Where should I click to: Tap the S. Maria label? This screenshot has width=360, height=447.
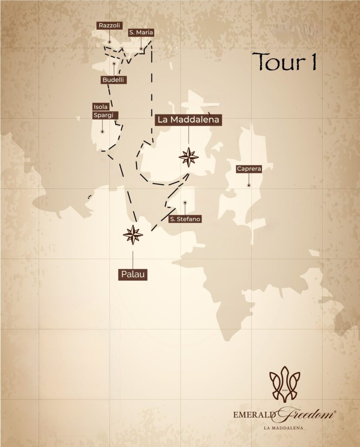pyautogui.click(x=141, y=32)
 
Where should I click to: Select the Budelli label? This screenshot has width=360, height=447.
pyautogui.click(x=113, y=80)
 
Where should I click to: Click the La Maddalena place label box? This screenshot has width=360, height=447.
pyautogui.click(x=189, y=120)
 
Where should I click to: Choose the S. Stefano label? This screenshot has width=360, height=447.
pyautogui.click(x=185, y=219)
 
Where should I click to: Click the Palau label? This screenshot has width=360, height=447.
pyautogui.click(x=133, y=275)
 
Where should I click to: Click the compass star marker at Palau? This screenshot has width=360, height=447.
pyautogui.click(x=133, y=235)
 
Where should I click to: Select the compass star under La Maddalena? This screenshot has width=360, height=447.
pyautogui.click(x=189, y=157)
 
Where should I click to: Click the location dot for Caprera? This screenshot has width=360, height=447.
pyautogui.click(x=249, y=185)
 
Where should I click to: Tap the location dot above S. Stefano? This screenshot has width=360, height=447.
pyautogui.click(x=185, y=203)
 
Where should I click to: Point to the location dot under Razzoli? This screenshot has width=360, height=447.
pyautogui.click(x=110, y=42)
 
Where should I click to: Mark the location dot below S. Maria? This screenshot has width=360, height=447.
pyautogui.click(x=141, y=49)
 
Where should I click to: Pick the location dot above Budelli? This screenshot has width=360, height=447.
pyautogui.click(x=114, y=63)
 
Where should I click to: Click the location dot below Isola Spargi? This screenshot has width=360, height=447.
pyautogui.click(x=102, y=131)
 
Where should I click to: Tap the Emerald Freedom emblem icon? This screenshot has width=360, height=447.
pyautogui.click(x=285, y=384)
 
